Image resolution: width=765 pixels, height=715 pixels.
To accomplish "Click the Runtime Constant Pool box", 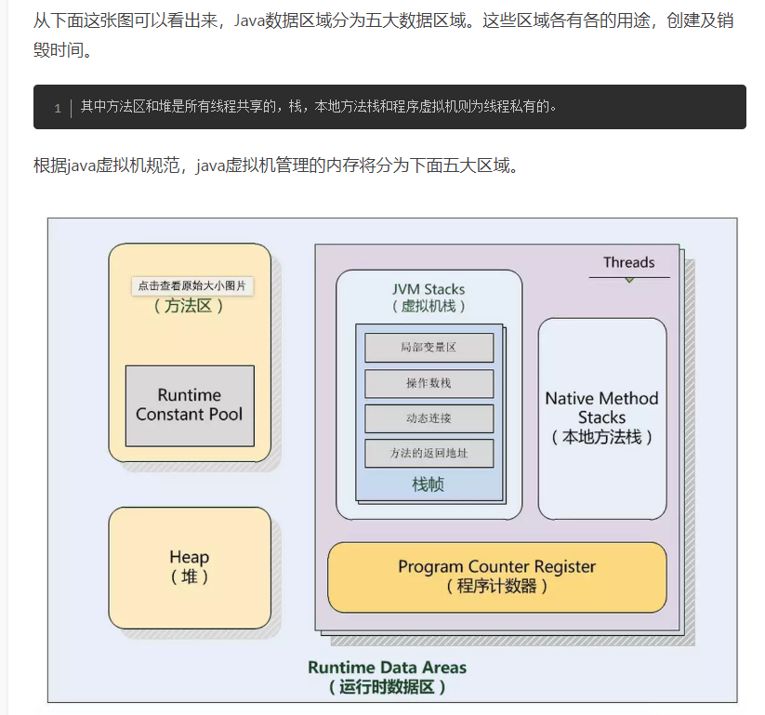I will click(190, 405).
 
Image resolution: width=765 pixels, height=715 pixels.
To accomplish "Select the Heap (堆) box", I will click(190, 566).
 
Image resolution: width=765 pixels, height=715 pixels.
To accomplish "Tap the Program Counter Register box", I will click(497, 576).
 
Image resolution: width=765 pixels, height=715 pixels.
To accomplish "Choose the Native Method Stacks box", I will click(602, 417).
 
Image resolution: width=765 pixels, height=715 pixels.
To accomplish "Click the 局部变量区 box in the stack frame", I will click(429, 348).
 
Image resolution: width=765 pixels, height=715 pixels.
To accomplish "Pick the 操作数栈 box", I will click(429, 383).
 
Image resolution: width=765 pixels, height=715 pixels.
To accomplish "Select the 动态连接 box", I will click(429, 418).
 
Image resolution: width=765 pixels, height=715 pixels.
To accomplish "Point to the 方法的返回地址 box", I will click(429, 454).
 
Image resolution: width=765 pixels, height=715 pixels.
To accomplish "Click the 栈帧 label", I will click(429, 484).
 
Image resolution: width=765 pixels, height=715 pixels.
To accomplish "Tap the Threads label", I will click(629, 262).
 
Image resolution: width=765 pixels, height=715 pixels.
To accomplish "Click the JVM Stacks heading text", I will click(429, 289).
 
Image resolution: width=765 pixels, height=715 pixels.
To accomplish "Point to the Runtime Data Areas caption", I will click(388, 668).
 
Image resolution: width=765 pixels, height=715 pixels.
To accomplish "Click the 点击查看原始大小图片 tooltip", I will click(192, 285).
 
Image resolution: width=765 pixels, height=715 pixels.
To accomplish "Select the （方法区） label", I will click(190, 306).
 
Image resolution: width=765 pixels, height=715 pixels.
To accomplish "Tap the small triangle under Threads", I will click(629, 280).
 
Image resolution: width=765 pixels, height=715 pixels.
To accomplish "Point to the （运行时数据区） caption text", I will click(388, 688).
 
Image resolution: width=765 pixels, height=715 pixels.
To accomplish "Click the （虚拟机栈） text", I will click(429, 306).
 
